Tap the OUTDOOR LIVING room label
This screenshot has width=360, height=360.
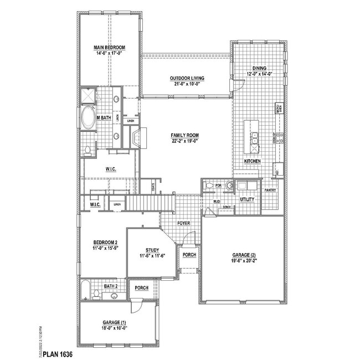[187, 79]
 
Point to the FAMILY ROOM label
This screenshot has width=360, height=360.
[185, 135]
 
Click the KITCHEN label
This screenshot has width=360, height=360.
[253, 162]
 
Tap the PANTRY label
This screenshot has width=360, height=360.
[270, 189]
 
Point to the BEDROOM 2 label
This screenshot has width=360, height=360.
[105, 243]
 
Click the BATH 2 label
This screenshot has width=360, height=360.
[112, 286]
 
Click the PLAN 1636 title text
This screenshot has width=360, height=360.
[58, 353]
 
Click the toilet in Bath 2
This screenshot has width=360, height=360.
[96, 294]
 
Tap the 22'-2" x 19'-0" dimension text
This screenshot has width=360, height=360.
[185, 141]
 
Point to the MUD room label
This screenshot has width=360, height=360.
[217, 202]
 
